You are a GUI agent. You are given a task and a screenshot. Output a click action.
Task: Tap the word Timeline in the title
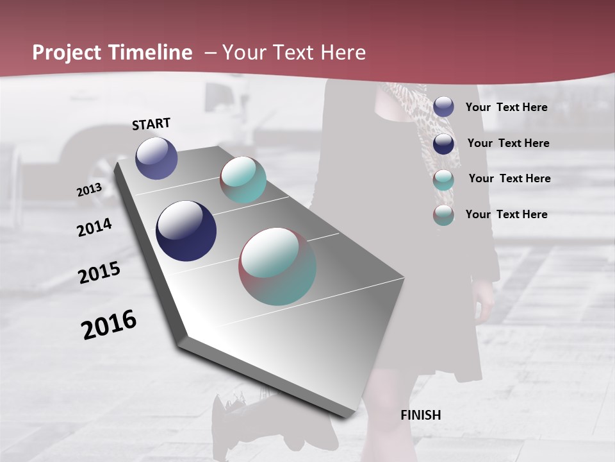(x=151, y=53)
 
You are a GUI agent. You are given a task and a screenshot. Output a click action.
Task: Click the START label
(x=151, y=124)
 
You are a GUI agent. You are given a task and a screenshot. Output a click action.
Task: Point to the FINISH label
(x=421, y=415)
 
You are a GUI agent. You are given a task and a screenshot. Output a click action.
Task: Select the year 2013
(x=89, y=190)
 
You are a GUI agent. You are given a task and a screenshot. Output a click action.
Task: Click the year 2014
(x=94, y=227)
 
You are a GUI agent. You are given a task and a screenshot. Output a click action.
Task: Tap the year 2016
(x=109, y=324)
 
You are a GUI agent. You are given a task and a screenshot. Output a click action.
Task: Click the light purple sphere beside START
(x=156, y=158)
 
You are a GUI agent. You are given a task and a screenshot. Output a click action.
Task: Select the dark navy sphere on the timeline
(x=186, y=231)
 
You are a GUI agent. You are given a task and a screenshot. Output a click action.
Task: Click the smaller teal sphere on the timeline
(x=243, y=180)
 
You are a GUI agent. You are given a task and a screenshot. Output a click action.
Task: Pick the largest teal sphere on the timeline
(x=277, y=266)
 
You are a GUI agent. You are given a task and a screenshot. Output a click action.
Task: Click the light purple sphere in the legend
(x=443, y=107)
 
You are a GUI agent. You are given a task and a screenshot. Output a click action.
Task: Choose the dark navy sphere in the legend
(x=443, y=143)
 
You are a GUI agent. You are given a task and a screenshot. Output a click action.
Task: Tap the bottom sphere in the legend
(x=443, y=215)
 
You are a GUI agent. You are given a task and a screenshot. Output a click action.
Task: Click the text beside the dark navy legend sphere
(x=508, y=143)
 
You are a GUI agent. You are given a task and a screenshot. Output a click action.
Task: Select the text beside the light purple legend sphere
(x=506, y=107)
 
